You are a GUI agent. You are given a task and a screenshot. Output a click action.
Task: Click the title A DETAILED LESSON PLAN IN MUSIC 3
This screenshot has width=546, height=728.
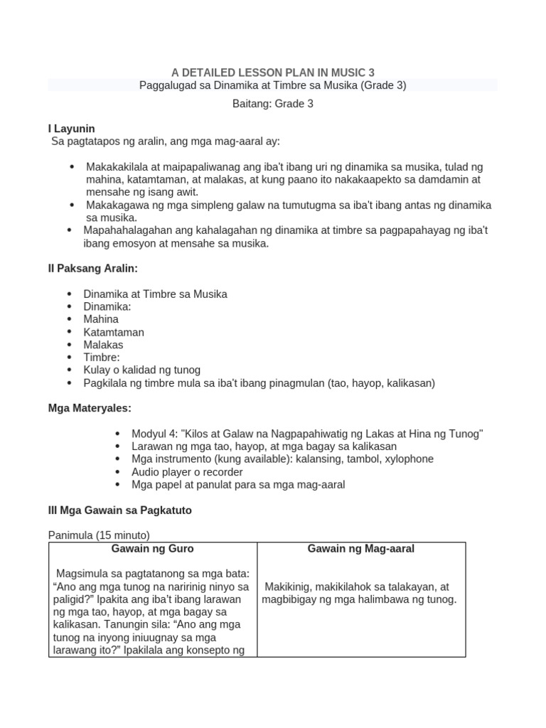click(273, 73)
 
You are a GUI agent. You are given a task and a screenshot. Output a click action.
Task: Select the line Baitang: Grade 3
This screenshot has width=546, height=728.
click(273, 104)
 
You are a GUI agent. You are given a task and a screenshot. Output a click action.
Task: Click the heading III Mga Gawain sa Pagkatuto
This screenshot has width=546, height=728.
click(119, 510)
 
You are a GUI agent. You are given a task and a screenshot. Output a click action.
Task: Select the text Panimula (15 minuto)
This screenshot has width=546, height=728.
click(99, 535)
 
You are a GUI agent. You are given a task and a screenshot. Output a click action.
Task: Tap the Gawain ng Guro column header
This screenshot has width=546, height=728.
click(152, 549)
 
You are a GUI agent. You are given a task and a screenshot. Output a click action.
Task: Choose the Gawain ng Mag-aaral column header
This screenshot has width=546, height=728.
click(361, 549)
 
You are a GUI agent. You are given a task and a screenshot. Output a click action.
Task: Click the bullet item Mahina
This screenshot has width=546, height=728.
click(101, 319)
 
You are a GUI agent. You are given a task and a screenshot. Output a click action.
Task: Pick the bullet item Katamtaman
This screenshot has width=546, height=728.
click(114, 332)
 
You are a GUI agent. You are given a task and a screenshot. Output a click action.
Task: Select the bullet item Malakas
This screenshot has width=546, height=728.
click(104, 345)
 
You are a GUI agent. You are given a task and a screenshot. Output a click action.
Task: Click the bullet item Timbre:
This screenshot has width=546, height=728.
click(102, 358)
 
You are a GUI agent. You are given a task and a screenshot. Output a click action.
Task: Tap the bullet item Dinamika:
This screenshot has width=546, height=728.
click(107, 306)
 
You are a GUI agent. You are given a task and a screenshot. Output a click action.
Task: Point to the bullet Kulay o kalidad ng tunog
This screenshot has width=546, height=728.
click(142, 370)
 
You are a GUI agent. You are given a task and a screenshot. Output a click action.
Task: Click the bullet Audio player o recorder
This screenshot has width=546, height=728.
click(187, 472)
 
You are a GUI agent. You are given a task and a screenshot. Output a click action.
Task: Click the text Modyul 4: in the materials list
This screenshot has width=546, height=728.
click(155, 434)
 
